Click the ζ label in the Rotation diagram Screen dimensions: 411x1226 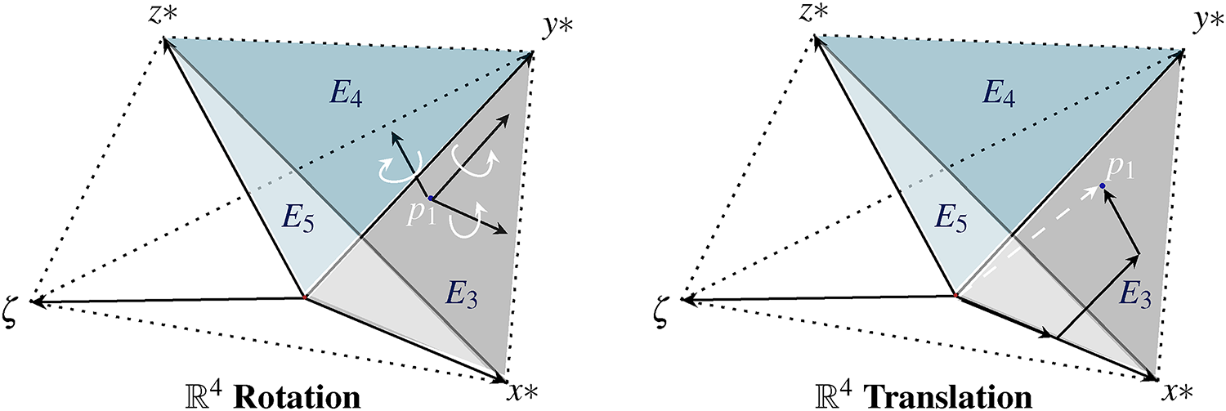14,306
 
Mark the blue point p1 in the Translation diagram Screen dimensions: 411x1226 1103,186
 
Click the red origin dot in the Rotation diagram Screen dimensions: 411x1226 305,298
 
